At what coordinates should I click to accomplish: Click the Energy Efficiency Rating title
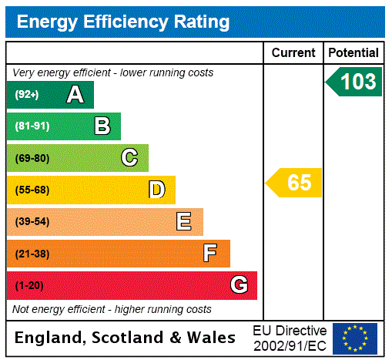[x=122, y=22]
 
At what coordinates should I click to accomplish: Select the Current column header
[x=293, y=53]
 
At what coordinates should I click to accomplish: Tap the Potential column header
[x=353, y=53]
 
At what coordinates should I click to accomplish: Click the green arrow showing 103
[x=355, y=82]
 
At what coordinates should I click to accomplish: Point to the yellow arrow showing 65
[x=296, y=183]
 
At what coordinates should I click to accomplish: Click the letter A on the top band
[x=75, y=95]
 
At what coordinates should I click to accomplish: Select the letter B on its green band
[x=102, y=126]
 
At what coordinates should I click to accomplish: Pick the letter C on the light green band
[x=129, y=158]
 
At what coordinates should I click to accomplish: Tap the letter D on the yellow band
[x=156, y=190]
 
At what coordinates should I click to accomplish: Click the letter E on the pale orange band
[x=184, y=222]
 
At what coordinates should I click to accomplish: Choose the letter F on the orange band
[x=210, y=254]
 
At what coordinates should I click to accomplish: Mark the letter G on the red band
[x=239, y=285]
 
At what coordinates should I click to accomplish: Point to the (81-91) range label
[x=32, y=126]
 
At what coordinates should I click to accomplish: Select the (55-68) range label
[x=32, y=190]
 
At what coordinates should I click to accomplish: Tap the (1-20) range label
[x=29, y=286]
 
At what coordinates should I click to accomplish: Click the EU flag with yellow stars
[x=355, y=338]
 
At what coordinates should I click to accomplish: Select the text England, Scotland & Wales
[x=126, y=338]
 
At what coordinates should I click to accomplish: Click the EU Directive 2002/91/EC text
[x=290, y=338]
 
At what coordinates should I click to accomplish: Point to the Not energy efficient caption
[x=112, y=309]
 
